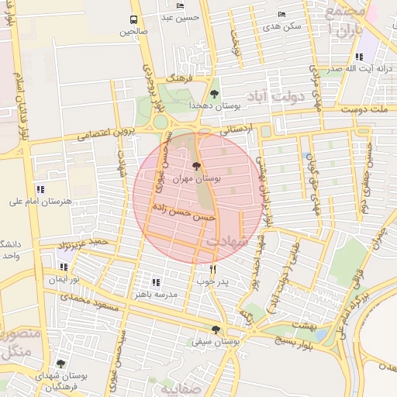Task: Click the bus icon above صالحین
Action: (134, 19)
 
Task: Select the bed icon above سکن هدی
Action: (281, 14)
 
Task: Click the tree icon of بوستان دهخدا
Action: (215, 94)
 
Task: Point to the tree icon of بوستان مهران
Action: (195, 165)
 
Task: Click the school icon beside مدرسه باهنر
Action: (155, 283)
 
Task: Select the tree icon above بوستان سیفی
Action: (216, 330)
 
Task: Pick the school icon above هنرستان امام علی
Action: (40, 188)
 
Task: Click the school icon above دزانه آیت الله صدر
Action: (358, 57)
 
